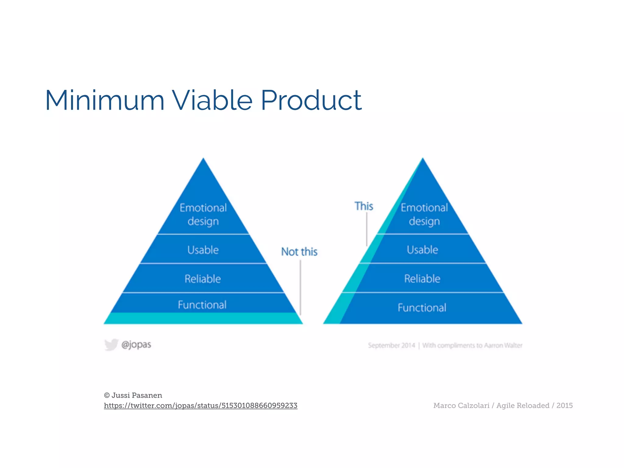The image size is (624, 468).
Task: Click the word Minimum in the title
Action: [105, 100]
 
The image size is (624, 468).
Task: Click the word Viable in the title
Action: [212, 100]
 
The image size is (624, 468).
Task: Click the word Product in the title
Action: [311, 100]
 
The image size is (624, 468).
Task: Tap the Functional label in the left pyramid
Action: [202, 305]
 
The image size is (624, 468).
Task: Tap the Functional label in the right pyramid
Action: [422, 307]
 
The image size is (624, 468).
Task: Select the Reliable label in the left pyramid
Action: [203, 279]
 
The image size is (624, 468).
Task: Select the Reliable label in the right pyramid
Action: [422, 278]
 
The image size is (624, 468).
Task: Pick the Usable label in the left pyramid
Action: [203, 250]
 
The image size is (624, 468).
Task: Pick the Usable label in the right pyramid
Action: [423, 250]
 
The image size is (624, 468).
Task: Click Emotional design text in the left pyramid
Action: [203, 214]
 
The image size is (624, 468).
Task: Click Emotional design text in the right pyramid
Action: [424, 214]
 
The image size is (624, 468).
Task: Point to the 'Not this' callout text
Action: [299, 252]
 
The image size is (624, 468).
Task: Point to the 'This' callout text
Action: [364, 206]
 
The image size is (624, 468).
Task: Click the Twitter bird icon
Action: [111, 345]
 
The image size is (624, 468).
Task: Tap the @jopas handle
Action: [136, 345]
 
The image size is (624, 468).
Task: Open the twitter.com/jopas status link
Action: [200, 406]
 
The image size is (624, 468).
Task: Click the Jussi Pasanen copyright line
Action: [133, 395]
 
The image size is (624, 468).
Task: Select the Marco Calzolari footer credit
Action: [503, 406]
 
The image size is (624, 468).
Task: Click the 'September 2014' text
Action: [391, 345]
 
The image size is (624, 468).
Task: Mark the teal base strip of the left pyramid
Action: [203, 318]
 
